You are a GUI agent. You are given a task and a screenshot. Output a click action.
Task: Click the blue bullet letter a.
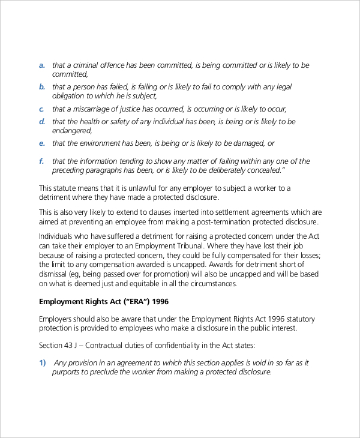click(x=41, y=65)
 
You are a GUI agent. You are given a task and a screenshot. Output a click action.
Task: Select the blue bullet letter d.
click(x=42, y=122)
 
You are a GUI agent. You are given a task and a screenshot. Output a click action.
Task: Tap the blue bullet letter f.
click(x=41, y=161)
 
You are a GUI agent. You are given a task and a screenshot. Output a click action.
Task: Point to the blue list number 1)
click(x=43, y=363)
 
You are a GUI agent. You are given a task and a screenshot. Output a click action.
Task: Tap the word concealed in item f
click(x=260, y=170)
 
